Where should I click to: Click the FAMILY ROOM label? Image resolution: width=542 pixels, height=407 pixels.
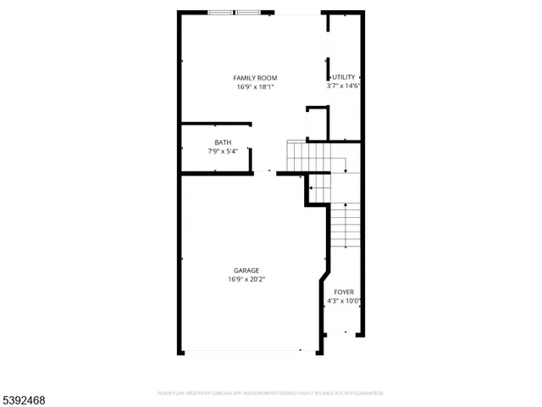coord(255,78)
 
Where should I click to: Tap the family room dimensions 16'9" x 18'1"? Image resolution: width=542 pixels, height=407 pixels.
coord(255,86)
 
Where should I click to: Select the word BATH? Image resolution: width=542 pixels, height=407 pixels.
coord(223,142)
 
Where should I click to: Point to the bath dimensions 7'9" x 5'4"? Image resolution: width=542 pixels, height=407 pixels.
coord(223,151)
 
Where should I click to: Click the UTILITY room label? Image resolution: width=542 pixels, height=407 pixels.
coord(344,78)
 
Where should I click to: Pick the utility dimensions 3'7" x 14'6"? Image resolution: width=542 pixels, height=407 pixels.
coord(344,86)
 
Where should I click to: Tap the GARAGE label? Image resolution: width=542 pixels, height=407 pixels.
coord(246,270)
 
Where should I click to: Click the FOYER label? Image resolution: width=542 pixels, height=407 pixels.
coord(344,292)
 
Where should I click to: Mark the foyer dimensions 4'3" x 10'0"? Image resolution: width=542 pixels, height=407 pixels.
coord(344,300)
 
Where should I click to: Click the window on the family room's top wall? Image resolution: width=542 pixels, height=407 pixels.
coord(235,13)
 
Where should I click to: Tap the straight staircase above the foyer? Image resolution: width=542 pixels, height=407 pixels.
coord(343,225)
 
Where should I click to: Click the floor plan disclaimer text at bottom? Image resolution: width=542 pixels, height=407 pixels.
coord(271,393)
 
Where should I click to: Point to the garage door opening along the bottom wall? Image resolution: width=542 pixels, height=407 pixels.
coord(241,351)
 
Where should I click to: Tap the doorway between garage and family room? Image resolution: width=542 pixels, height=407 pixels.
coord(264,172)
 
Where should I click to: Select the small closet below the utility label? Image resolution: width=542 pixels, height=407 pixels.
coord(317,124)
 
